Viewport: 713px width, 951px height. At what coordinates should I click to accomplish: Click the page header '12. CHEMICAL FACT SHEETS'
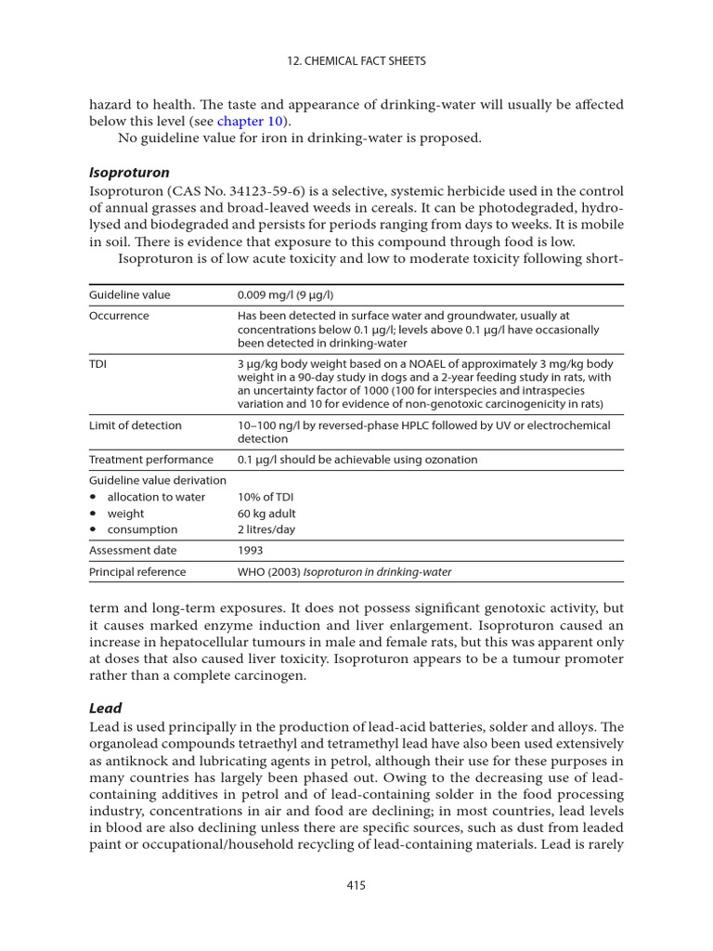356,61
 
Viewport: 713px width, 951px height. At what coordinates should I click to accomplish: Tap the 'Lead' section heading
105,708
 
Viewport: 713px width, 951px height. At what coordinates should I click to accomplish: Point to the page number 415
356,885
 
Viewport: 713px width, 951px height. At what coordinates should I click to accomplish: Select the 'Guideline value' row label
129,295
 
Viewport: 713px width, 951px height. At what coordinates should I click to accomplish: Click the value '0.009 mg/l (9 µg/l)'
287,295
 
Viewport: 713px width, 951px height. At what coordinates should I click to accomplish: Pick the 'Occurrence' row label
119,316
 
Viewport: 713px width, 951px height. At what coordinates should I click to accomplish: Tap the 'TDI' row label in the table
97,364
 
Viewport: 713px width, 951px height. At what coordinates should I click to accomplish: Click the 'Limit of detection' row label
136,425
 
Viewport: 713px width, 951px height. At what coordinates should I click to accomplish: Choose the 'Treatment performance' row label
150,460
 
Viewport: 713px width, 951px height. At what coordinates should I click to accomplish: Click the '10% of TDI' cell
266,497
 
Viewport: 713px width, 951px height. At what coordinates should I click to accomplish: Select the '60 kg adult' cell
267,514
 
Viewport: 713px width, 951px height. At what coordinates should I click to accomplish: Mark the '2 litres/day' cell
266,529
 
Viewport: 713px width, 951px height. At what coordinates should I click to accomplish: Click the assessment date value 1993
251,550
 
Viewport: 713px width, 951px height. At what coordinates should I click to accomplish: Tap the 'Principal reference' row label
137,572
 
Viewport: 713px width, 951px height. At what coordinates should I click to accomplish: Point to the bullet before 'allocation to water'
93,498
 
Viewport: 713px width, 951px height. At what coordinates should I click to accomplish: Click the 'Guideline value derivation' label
157,480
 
